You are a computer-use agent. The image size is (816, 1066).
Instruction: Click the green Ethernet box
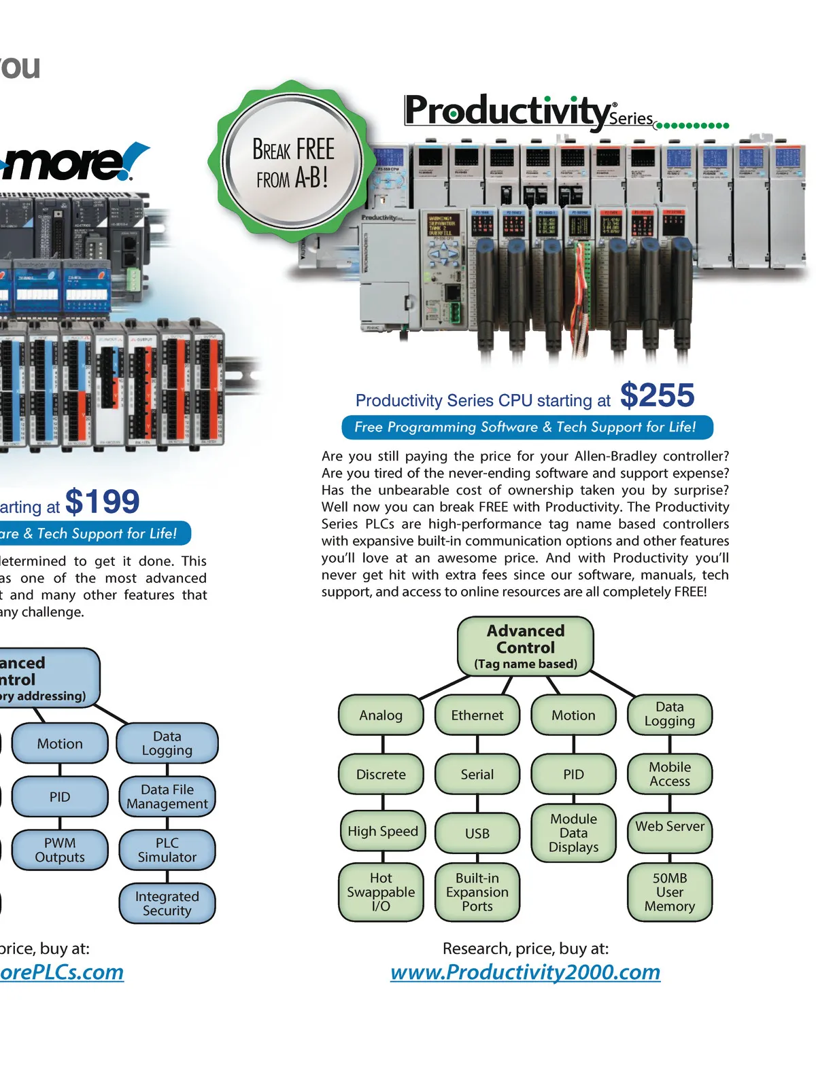coord(477,715)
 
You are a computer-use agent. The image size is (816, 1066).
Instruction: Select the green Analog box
coord(381,715)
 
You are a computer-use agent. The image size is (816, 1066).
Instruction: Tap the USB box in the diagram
coord(477,833)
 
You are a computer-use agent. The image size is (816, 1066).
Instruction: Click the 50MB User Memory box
coord(670,892)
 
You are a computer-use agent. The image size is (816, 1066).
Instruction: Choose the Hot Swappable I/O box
coord(381,892)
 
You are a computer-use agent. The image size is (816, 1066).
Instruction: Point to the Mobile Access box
coord(670,774)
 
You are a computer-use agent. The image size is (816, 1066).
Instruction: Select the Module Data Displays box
coord(573,833)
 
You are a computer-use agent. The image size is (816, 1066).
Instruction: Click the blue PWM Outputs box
coord(60,850)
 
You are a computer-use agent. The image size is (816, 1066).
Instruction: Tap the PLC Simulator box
coord(167,850)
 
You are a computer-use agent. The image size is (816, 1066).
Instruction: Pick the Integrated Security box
coord(167,904)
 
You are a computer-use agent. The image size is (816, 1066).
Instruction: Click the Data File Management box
coord(167,797)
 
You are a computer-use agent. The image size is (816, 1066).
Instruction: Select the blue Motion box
coord(60,743)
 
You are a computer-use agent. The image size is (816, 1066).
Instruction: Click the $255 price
coord(657,395)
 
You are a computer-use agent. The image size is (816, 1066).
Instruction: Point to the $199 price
coord(102,502)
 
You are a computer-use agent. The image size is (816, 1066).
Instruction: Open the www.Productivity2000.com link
coord(525,972)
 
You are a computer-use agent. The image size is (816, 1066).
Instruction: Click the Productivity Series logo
coord(530,112)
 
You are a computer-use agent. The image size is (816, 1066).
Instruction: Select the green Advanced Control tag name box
coord(526,646)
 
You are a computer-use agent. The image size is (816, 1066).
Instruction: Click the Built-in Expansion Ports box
coord(477,892)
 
